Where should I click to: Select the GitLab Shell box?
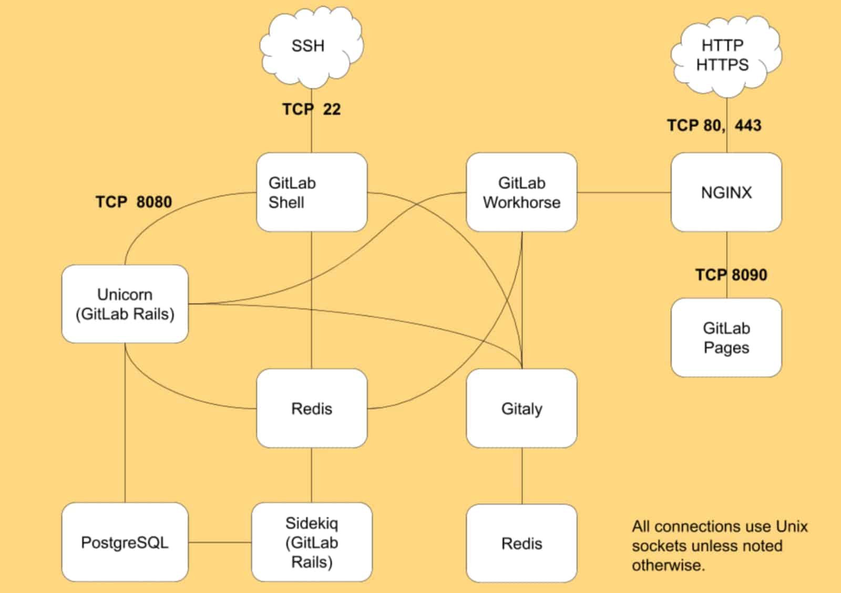tap(311, 192)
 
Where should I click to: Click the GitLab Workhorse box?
tap(521, 192)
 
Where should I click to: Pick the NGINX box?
tap(726, 192)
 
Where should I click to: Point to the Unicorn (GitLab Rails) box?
tap(125, 304)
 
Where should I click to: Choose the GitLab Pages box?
tap(726, 338)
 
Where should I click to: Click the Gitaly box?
tap(521, 409)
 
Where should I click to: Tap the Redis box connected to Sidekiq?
tap(311, 409)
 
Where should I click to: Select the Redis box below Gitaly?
tap(521, 543)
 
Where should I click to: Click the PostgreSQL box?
tap(125, 542)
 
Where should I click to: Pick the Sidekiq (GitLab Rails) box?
tap(311, 542)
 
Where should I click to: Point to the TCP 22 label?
tap(311, 109)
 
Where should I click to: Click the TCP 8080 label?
tap(134, 202)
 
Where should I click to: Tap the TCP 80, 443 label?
tap(714, 126)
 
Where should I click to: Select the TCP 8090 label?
tap(731, 275)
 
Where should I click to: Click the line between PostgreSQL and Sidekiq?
tap(220, 543)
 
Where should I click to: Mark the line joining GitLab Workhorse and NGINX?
tap(624, 192)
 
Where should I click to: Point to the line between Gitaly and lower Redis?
tap(522, 476)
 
